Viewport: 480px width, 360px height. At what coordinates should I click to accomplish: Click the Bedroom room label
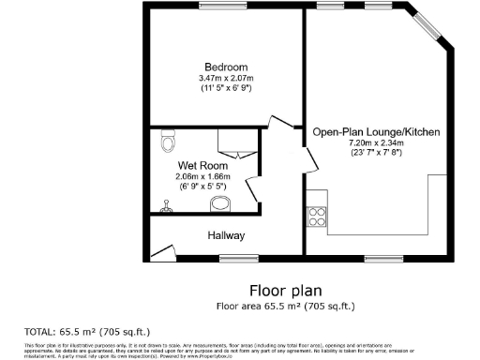pyautogui.click(x=227, y=67)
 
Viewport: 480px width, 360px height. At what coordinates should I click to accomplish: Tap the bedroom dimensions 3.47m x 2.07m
pyautogui.click(x=227, y=78)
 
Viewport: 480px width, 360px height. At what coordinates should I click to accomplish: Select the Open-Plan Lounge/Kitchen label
pyautogui.click(x=376, y=133)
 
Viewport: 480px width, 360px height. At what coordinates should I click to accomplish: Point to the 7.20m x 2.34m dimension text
pyautogui.click(x=376, y=143)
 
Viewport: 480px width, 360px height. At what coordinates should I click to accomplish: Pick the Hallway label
pyautogui.click(x=226, y=235)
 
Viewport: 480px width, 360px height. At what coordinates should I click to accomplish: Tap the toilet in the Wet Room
pyautogui.click(x=168, y=141)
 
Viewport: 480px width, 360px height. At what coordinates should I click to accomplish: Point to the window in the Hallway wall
pyautogui.click(x=246, y=257)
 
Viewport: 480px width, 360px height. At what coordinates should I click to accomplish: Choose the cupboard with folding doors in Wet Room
pyautogui.click(x=232, y=143)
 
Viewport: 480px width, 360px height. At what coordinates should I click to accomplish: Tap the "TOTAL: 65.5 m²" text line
pyautogui.click(x=86, y=331)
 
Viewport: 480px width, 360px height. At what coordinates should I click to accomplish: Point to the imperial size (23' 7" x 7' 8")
pyautogui.click(x=376, y=153)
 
